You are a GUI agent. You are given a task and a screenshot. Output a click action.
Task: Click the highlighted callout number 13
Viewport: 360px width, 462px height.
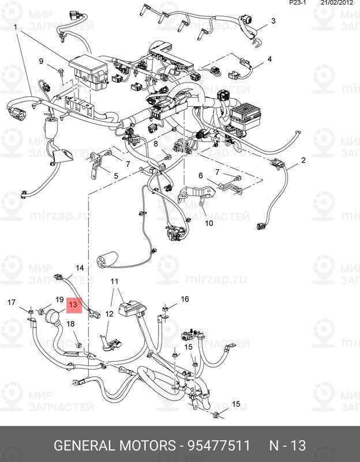click(x=74, y=304)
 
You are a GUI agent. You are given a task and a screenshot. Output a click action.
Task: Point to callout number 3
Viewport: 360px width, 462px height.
click(x=273, y=21)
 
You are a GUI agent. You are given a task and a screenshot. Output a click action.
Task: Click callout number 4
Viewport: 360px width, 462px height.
click(x=269, y=59)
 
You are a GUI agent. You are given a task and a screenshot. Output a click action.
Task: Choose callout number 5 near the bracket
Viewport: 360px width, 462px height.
click(x=115, y=176)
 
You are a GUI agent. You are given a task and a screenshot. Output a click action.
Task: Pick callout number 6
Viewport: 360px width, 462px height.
click(x=201, y=176)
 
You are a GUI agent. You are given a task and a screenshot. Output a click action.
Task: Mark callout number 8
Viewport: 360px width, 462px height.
click(x=155, y=143)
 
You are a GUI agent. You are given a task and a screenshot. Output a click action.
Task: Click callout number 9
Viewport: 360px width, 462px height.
click(x=42, y=61)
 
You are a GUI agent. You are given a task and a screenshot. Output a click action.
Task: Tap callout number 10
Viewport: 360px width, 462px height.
click(x=209, y=222)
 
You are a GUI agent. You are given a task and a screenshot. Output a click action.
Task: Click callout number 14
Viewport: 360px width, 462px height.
click(x=80, y=268)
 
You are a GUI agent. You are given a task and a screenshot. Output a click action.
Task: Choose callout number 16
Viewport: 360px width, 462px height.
click(x=185, y=299)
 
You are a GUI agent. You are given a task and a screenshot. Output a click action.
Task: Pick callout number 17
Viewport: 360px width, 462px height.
click(x=11, y=302)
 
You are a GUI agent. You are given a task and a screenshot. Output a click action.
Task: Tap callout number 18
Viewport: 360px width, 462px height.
click(x=71, y=324)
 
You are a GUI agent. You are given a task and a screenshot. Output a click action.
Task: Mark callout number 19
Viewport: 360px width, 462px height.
click(x=59, y=300)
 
